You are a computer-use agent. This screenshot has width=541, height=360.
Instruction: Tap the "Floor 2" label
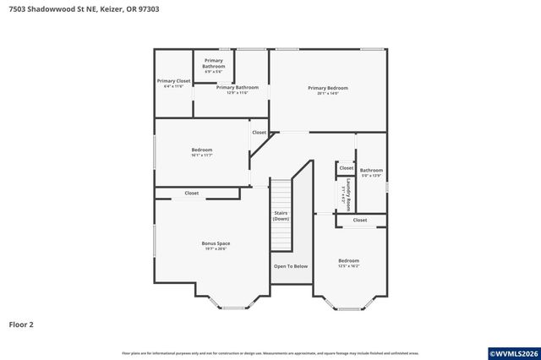(21, 324)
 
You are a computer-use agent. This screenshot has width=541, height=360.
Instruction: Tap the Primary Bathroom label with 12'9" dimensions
(237, 90)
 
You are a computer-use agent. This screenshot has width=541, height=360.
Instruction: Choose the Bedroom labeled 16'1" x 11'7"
(201, 152)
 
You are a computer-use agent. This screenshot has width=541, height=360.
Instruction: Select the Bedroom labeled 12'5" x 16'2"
(349, 263)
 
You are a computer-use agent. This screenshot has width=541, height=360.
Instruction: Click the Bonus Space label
(216, 246)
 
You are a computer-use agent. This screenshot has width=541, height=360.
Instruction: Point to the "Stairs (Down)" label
(281, 215)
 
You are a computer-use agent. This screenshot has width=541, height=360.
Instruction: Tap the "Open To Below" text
(290, 266)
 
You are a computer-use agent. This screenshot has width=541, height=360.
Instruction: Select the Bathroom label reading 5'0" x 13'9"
(371, 172)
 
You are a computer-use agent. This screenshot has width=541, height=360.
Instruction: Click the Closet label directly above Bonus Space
(192, 194)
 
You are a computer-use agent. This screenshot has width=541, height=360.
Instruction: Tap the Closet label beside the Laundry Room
(346, 168)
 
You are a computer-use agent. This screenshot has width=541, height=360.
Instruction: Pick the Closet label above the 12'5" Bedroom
(360, 221)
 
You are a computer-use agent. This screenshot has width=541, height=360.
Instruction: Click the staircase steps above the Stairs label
(281, 192)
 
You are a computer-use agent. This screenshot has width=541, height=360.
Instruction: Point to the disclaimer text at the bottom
(270, 353)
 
